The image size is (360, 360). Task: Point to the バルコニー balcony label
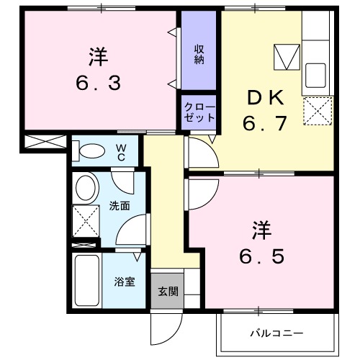(276, 333)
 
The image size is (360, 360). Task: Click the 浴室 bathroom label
(124, 282)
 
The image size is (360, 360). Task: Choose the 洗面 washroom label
(120, 206)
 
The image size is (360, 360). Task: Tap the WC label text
(122, 153)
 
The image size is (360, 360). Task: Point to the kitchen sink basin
(316, 74)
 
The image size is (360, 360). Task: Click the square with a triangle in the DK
(287, 57)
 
